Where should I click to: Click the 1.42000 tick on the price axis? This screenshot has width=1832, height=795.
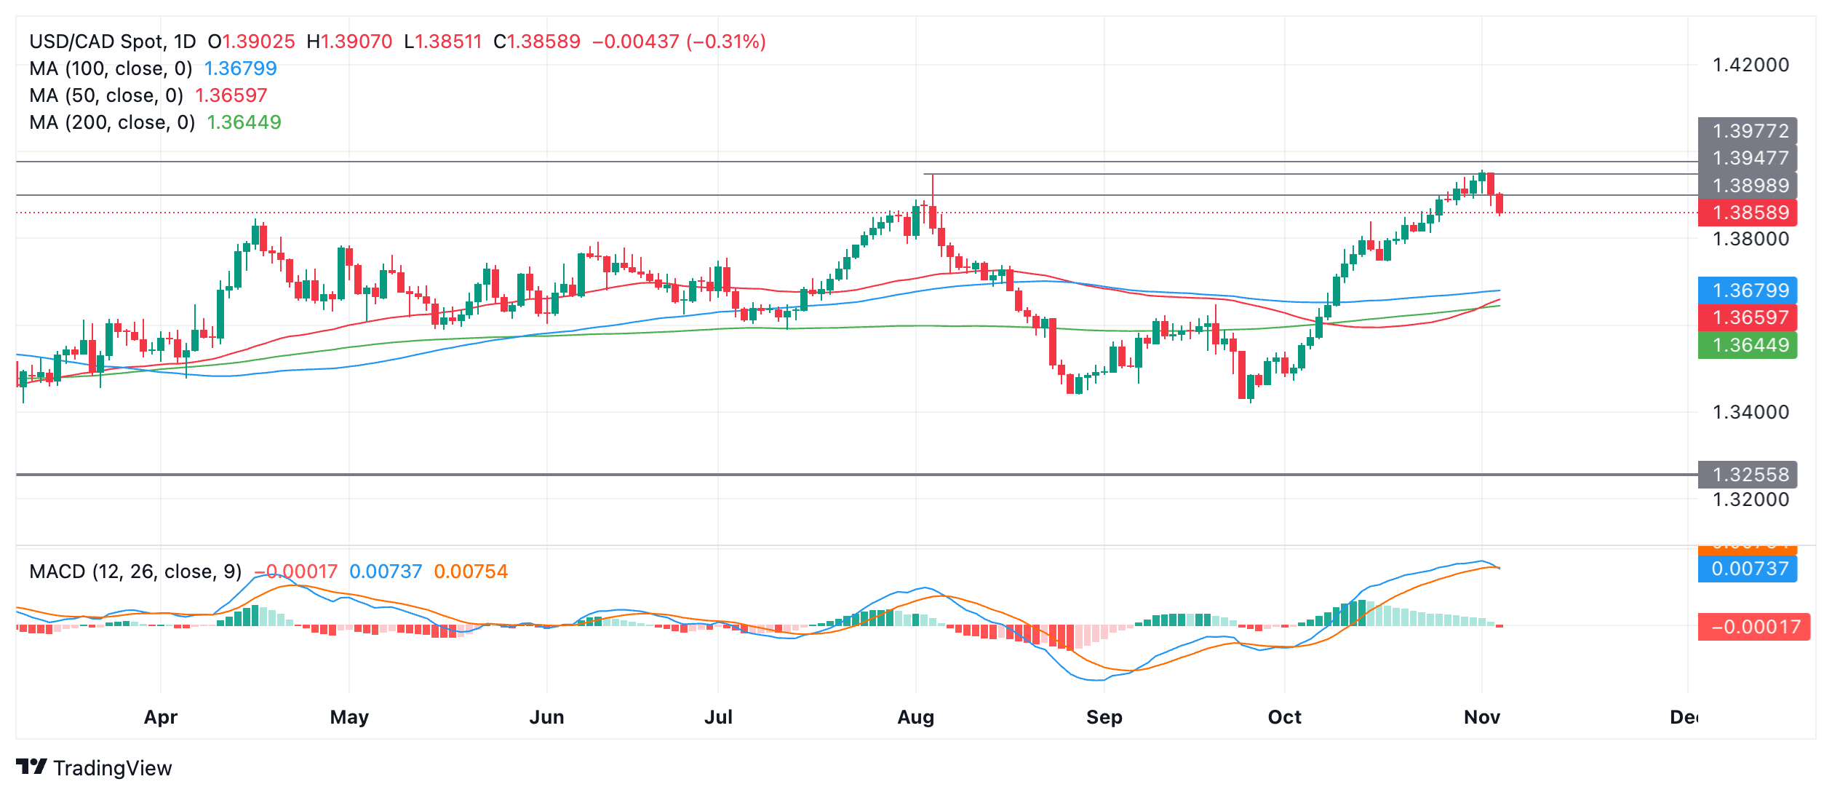[x=1750, y=65]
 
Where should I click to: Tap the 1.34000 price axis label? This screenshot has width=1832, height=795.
[x=1750, y=412]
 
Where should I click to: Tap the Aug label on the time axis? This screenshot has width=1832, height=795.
[x=915, y=717]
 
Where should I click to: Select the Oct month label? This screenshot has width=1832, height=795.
[x=1284, y=717]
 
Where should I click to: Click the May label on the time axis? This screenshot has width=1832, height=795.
[x=349, y=717]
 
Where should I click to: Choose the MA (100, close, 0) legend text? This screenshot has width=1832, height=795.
[x=111, y=68]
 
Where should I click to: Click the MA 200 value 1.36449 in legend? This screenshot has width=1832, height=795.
[x=244, y=122]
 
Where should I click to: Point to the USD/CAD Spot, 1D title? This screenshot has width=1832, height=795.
[x=113, y=41]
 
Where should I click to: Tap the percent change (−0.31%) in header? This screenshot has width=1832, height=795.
[x=726, y=41]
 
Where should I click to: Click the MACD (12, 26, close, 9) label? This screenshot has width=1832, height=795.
[x=135, y=571]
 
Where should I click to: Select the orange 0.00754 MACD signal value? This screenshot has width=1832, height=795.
[x=471, y=571]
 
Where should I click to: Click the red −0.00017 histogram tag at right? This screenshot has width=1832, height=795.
[x=1753, y=627]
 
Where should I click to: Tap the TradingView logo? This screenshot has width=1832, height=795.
[x=94, y=767]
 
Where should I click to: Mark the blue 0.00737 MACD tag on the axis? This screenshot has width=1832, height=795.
[x=1747, y=569]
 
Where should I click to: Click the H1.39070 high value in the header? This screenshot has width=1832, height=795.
[x=349, y=41]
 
